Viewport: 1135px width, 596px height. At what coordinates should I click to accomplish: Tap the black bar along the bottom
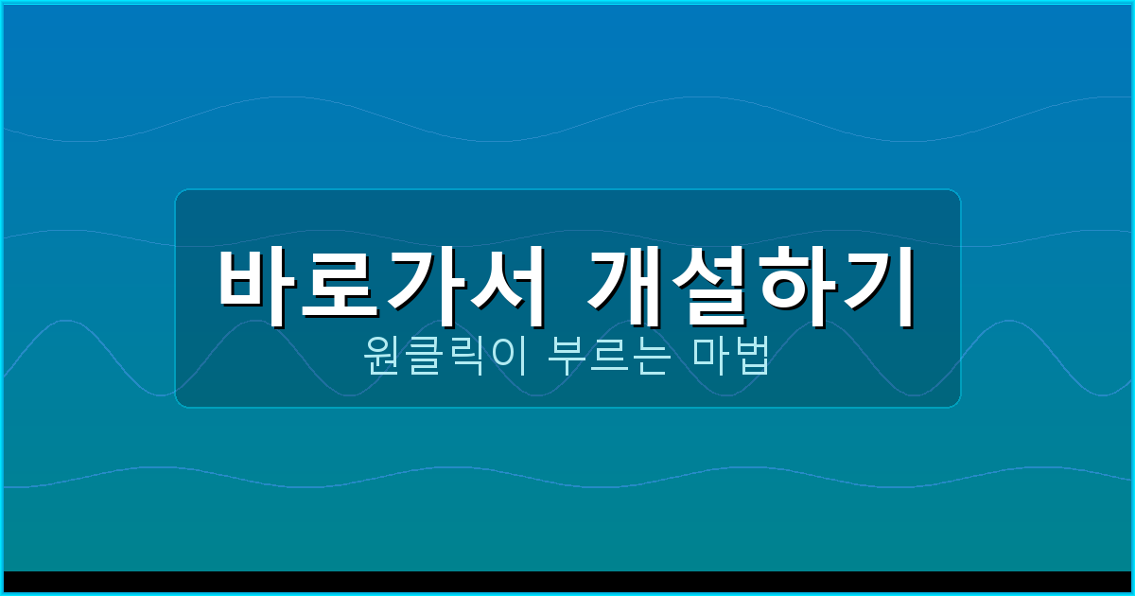[567, 582]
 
